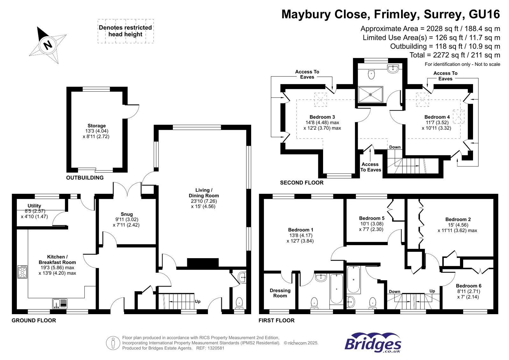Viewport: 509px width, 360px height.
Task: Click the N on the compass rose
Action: [x=48, y=45]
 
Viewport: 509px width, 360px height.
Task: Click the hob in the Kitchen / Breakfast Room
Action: [x=22, y=272]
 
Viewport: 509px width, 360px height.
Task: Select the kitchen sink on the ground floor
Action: [x=60, y=303]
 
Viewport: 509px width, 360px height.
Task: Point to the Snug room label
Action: [x=127, y=214]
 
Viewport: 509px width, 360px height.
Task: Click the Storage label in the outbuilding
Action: [x=96, y=126]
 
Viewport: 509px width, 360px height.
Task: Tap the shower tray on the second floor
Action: [x=371, y=95]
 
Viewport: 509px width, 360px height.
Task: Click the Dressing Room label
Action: [x=280, y=293]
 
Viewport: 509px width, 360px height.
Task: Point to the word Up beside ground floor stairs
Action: [x=197, y=301]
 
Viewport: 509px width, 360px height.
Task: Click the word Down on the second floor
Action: [x=395, y=147]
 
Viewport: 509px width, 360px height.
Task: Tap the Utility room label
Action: [x=34, y=206]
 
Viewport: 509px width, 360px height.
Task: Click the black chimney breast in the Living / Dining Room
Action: [x=203, y=263]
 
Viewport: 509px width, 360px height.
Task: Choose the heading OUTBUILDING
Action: [x=85, y=178]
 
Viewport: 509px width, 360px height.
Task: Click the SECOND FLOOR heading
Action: [x=301, y=183]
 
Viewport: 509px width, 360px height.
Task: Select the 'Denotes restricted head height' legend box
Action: [x=126, y=31]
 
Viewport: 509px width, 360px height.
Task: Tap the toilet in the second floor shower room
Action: [x=371, y=74]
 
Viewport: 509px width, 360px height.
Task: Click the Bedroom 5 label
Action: [x=372, y=218]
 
